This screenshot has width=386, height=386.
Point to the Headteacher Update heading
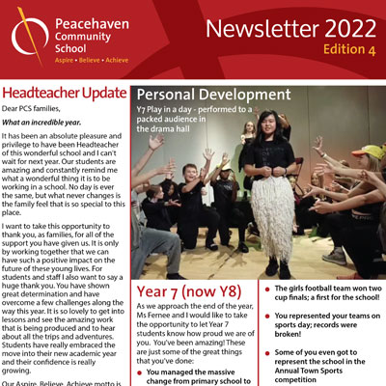(63, 92)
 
